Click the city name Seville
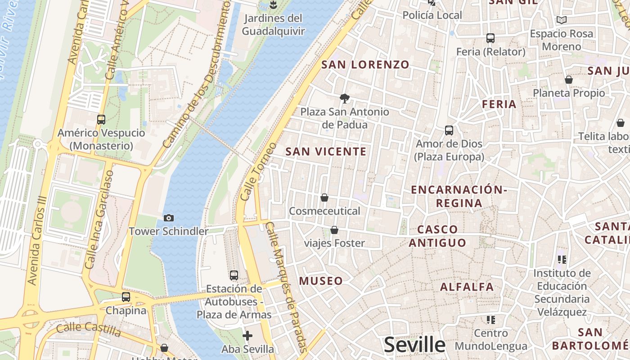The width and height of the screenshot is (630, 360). (414, 345)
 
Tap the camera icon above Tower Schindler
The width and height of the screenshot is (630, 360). (169, 218)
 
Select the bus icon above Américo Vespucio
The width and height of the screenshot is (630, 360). (101, 120)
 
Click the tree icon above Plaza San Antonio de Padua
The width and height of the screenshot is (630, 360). (345, 98)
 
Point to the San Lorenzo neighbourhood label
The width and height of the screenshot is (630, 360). (365, 65)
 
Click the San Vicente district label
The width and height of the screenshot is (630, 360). (326, 152)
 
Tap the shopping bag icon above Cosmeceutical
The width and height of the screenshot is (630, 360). (324, 198)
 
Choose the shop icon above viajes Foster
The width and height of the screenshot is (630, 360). (334, 230)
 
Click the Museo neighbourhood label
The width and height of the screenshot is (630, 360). (321, 281)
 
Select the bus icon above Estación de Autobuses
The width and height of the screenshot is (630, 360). (234, 275)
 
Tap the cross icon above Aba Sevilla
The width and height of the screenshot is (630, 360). (247, 336)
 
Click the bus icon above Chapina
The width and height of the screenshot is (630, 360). (126, 297)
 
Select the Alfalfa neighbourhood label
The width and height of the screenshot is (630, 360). (467, 287)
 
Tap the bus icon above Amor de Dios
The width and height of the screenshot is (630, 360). (449, 130)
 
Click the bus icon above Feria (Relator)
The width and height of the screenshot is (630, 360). (490, 38)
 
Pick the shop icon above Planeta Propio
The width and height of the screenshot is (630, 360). (569, 80)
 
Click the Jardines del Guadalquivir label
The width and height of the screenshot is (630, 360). (273, 25)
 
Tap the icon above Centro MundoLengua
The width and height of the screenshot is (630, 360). (491, 320)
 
